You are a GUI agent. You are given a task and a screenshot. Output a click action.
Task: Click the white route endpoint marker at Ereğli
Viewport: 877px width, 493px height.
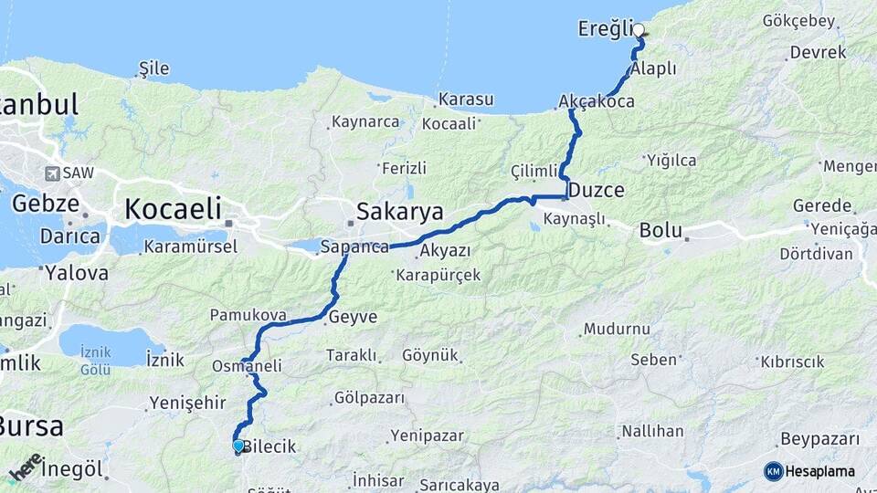(639, 29)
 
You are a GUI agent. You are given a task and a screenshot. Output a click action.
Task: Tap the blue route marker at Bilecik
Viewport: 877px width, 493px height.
(238, 446)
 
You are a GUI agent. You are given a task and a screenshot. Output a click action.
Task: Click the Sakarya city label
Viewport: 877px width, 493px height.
(399, 212)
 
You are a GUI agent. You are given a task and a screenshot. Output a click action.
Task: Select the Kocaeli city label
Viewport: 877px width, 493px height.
(173, 208)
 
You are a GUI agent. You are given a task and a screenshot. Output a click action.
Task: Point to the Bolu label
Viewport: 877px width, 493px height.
(660, 230)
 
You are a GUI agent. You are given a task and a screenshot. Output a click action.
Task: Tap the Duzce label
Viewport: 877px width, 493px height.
(596, 191)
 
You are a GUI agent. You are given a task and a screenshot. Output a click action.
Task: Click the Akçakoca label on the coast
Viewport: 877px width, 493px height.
(596, 102)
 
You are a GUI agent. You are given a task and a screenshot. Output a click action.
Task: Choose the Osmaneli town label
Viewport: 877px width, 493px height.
(246, 365)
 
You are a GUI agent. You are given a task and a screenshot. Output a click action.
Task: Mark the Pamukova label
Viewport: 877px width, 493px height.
(248, 315)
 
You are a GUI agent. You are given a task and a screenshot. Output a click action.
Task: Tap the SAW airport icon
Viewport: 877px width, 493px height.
(52, 173)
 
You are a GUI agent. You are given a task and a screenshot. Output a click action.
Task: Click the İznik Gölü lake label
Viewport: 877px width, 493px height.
(95, 361)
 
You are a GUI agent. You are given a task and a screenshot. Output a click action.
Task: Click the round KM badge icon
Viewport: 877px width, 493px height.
(773, 471)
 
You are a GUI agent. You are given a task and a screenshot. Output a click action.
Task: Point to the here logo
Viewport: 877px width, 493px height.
(26, 467)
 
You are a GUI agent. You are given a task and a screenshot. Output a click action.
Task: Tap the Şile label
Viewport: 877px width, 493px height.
(153, 68)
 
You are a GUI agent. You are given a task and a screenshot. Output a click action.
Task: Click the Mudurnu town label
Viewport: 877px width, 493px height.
(617, 329)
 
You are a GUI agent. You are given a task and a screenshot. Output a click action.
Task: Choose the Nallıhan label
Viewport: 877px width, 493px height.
(652, 430)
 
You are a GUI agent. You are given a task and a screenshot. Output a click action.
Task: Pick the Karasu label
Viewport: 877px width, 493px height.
(466, 99)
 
